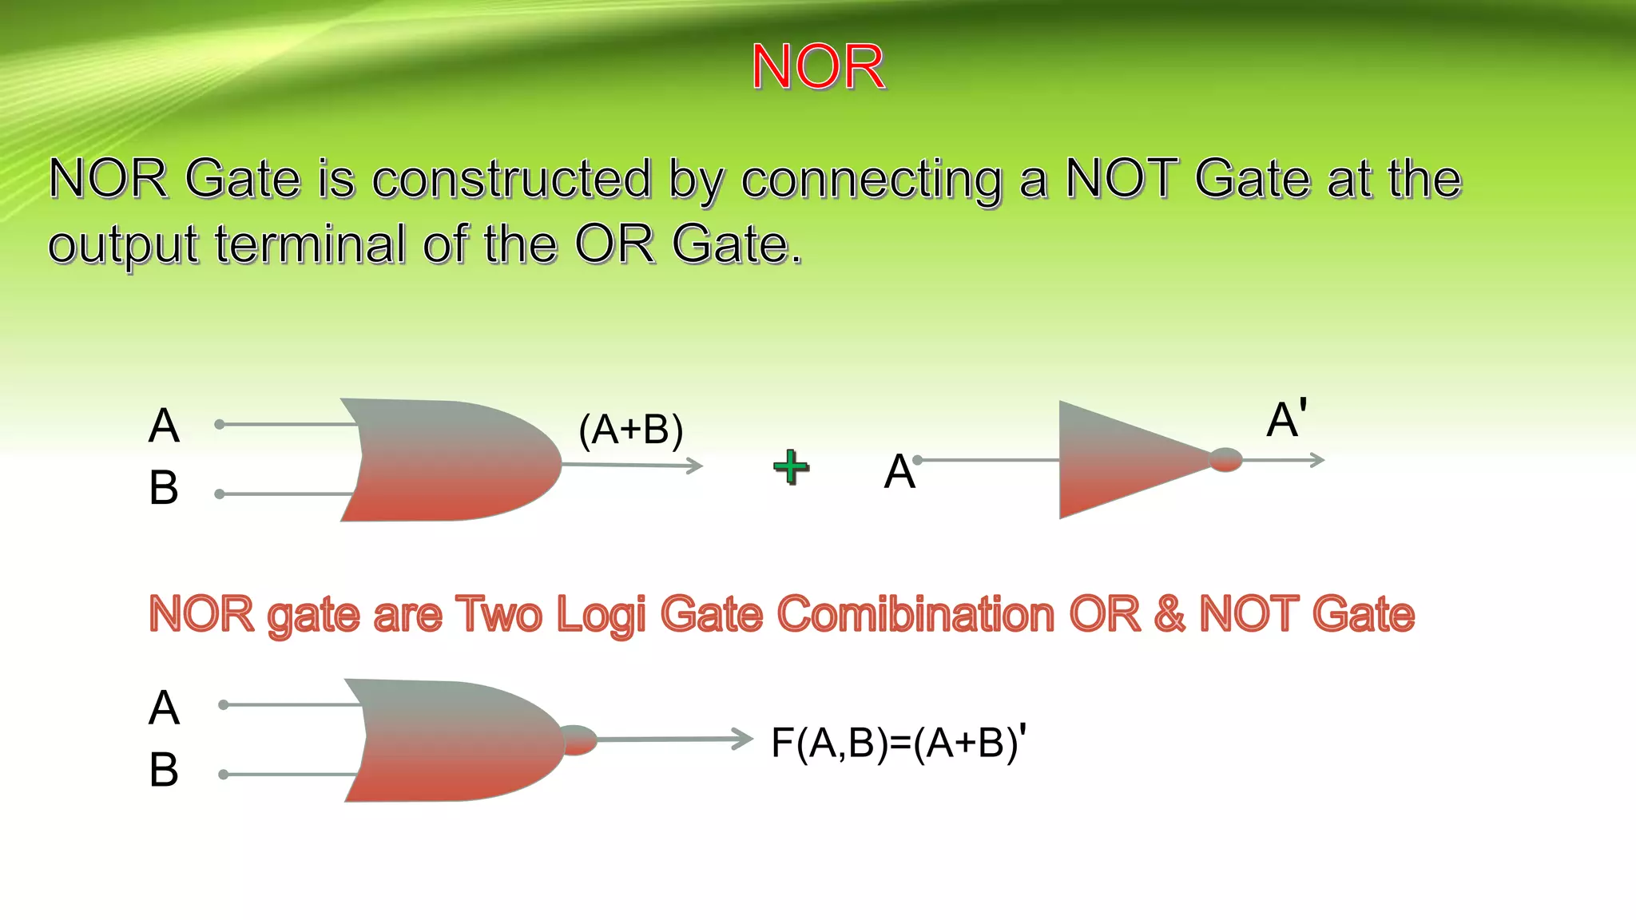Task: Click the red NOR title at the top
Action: coord(818,67)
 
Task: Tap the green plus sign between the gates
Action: coord(791,467)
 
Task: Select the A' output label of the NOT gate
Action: coord(1287,418)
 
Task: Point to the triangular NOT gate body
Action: coord(1118,460)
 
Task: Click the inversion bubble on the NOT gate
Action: coord(1225,460)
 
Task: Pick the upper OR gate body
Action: coord(451,460)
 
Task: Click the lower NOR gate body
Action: coord(455,740)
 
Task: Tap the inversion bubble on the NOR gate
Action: coord(578,740)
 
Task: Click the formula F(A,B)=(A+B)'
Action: coord(899,742)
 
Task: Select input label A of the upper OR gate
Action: coord(164,425)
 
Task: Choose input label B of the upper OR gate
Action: coord(164,487)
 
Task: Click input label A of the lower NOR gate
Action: coord(164,708)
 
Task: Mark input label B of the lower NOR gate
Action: coord(164,770)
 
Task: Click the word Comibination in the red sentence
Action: coord(915,614)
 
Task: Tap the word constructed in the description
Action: coord(511,178)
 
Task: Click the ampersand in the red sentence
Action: coord(1169,614)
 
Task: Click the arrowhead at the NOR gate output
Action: coord(743,739)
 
